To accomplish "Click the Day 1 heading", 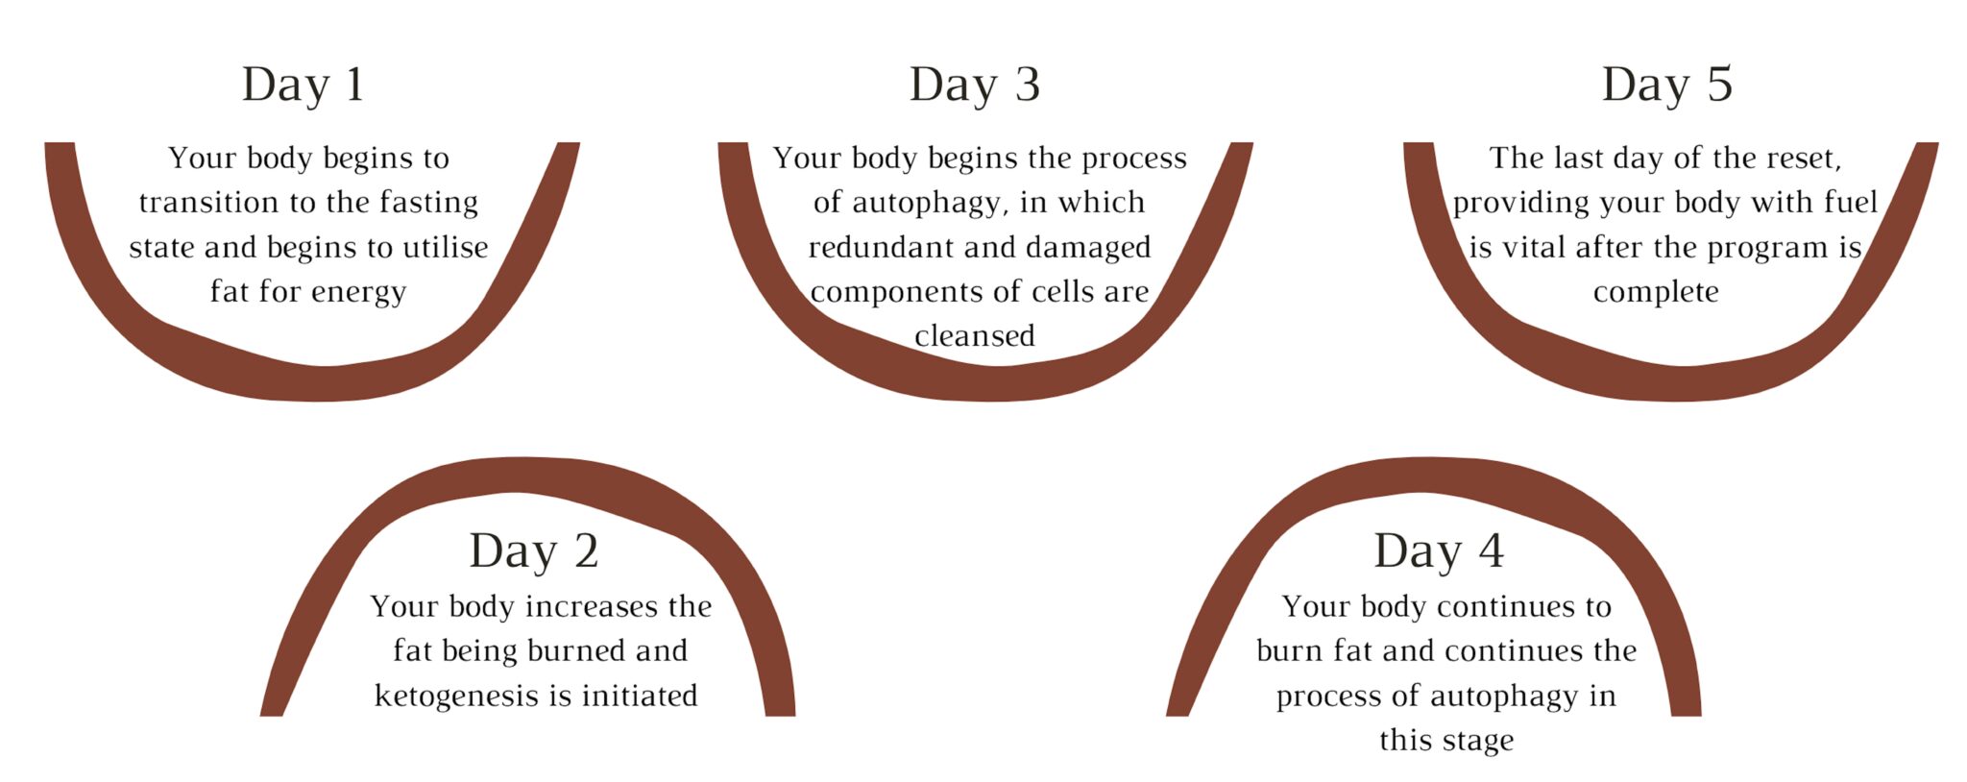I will point(303,85).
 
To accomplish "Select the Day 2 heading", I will point(533,551).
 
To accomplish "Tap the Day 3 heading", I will point(974,85).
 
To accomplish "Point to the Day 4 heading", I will point(1438,551).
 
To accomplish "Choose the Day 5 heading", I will point(1666,85).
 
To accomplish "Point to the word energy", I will point(361,292).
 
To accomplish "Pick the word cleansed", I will point(974,336).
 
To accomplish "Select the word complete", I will point(1656,292).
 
